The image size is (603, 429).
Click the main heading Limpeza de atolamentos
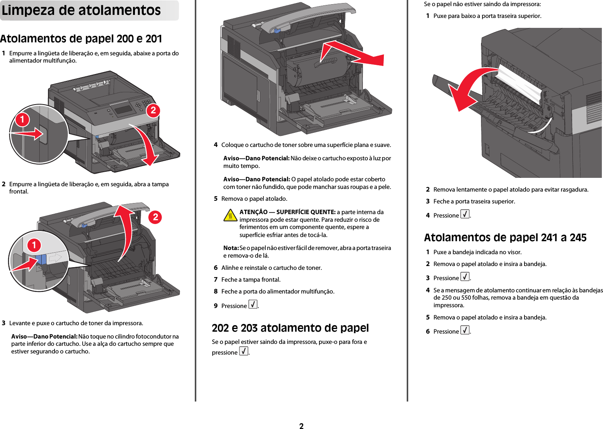click(81, 10)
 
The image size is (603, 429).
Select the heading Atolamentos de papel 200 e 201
click(81, 39)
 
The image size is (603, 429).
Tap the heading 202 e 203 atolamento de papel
click(290, 328)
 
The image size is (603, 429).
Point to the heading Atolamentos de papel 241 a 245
click(505, 237)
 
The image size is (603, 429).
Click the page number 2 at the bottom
click(301, 426)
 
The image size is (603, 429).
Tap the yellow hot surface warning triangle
click(230, 216)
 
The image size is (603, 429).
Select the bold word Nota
click(231, 248)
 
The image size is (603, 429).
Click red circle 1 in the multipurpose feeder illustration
click(22, 119)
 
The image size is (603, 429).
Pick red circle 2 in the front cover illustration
click(155, 217)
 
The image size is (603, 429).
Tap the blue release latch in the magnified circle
click(42, 260)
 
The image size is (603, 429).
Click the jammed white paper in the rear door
click(518, 82)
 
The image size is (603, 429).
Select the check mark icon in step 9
click(253, 304)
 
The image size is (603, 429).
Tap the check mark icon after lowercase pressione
click(244, 351)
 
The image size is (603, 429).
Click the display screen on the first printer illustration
click(123, 109)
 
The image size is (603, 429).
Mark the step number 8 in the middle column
click(215, 291)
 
